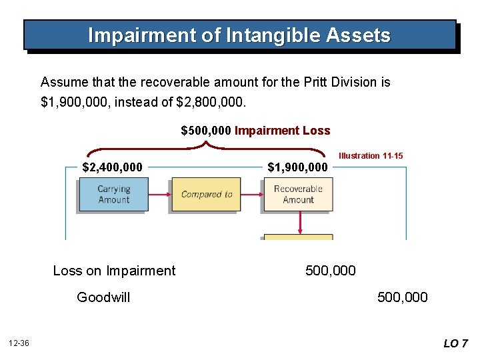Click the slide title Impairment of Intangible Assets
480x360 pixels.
[239, 35]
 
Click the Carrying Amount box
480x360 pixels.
[113, 195]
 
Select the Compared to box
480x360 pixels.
[207, 195]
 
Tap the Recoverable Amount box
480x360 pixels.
[298, 195]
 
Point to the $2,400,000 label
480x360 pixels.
[112, 167]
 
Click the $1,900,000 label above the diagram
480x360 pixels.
[297, 167]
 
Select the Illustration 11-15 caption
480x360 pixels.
[371, 155]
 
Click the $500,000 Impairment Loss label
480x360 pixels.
[255, 131]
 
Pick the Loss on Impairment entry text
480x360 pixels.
[114, 271]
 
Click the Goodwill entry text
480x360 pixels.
[103, 297]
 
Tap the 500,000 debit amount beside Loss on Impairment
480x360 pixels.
[330, 271]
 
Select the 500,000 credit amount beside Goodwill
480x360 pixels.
[402, 297]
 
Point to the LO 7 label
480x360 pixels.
[455, 343]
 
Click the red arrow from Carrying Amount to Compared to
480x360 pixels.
[159, 195]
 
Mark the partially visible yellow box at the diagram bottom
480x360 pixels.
[298, 237]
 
